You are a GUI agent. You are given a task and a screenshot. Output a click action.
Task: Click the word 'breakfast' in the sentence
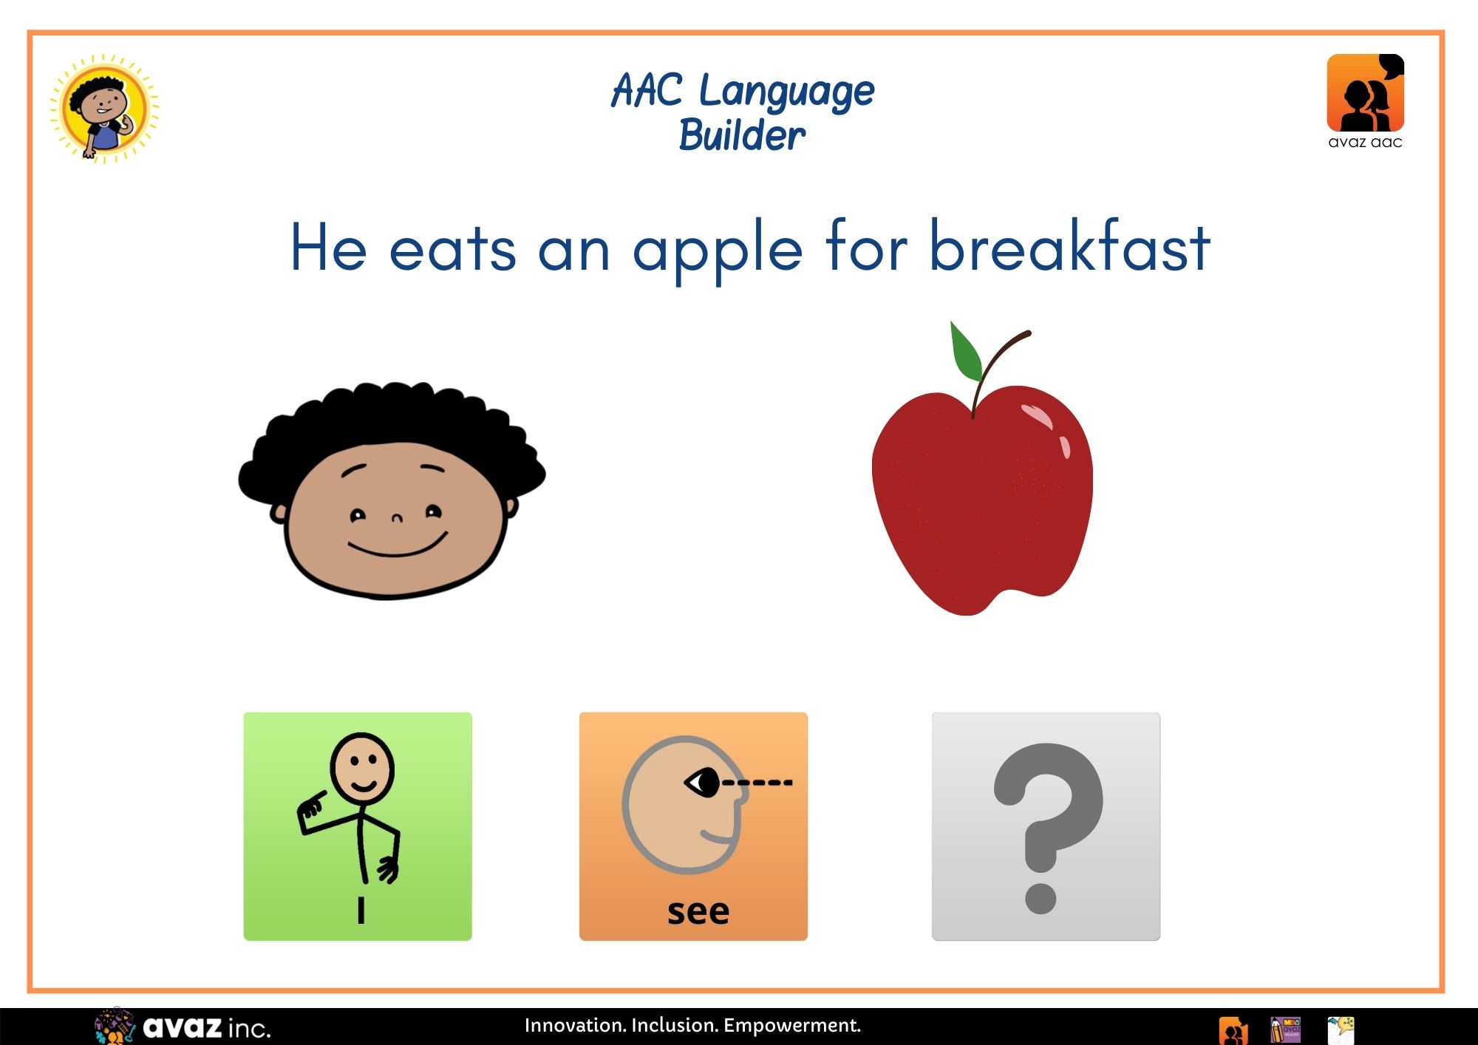click(x=1069, y=247)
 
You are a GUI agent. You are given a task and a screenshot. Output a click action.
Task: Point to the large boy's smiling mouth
click(x=398, y=547)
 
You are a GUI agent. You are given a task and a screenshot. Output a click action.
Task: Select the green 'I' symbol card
click(x=358, y=826)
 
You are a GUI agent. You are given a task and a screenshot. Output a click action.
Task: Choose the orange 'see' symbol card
click(x=693, y=826)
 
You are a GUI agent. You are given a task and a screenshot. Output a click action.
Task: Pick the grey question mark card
click(x=1046, y=826)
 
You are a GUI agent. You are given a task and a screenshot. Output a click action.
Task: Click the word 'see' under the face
click(x=698, y=912)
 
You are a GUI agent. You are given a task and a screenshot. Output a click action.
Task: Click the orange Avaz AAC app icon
click(x=1366, y=93)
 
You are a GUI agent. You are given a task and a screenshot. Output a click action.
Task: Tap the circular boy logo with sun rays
click(x=104, y=109)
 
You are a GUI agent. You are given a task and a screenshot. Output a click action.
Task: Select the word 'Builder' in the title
click(x=742, y=135)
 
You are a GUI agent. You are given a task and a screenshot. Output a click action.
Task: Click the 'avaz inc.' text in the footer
click(x=207, y=1027)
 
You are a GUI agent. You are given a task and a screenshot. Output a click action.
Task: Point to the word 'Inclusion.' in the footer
click(x=675, y=1025)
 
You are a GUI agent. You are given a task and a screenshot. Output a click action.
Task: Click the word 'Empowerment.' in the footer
click(x=792, y=1026)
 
